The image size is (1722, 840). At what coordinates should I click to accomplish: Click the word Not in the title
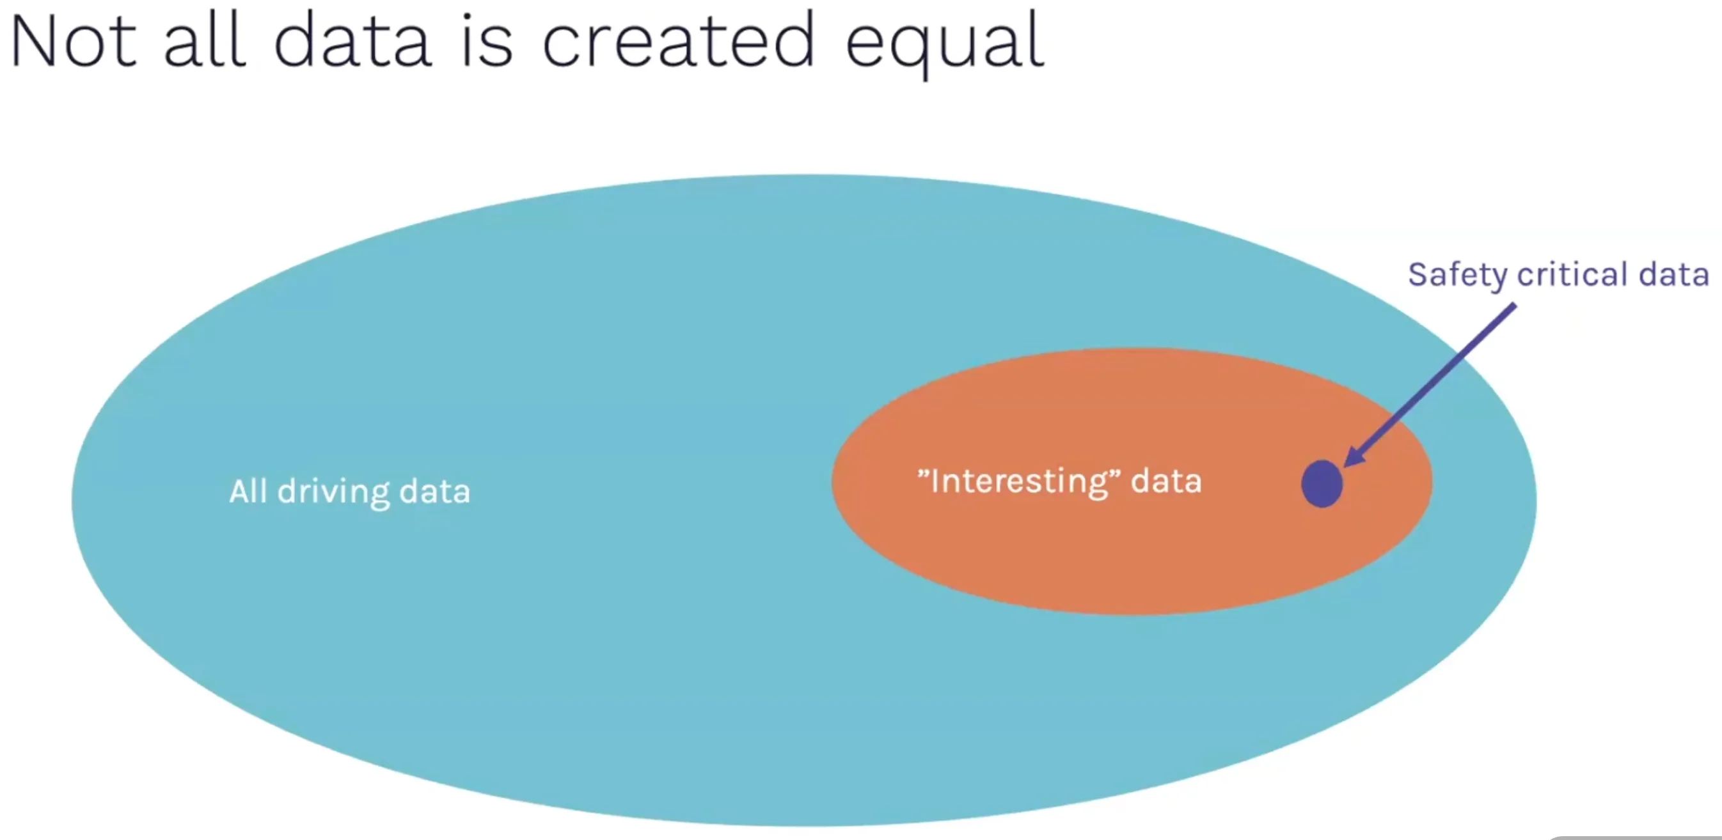[74, 41]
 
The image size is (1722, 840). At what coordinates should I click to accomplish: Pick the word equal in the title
[944, 44]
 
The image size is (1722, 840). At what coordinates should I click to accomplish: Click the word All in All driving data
[249, 491]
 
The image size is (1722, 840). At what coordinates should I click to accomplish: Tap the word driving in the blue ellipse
[333, 493]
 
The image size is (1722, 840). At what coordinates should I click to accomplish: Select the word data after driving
[435, 491]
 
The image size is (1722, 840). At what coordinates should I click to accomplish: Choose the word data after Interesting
[1167, 481]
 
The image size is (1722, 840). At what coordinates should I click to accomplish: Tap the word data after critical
[1674, 274]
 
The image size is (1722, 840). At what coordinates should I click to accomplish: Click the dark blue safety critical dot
[1322, 484]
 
